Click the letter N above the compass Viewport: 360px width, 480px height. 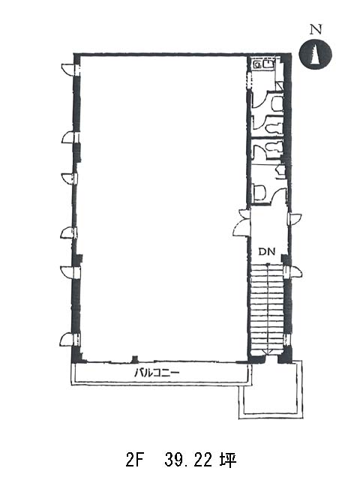316,30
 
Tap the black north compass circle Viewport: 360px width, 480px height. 315,55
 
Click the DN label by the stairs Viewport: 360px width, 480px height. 267,252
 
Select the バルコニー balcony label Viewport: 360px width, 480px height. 157,373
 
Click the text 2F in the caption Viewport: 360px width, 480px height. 134,460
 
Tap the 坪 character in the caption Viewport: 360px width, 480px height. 228,460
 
